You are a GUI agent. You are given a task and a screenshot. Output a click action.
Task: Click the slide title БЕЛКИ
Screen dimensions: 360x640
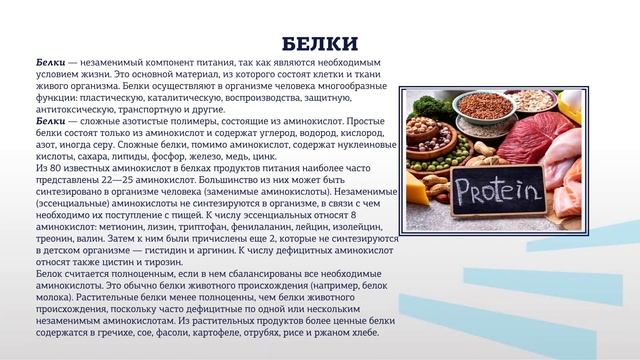320,44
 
